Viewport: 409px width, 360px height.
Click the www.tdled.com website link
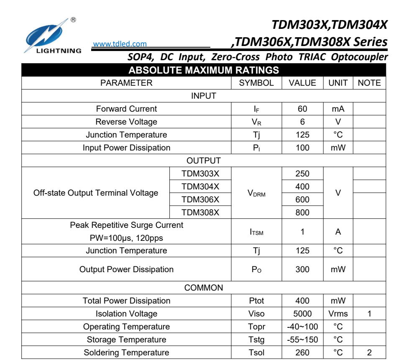tap(120, 44)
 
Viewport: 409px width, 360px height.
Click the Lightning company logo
tap(52, 36)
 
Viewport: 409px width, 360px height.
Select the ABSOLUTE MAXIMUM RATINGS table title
tap(203, 70)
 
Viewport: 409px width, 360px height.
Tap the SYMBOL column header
tap(256, 83)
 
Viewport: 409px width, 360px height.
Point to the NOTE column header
tap(369, 83)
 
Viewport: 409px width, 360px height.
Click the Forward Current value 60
tap(302, 109)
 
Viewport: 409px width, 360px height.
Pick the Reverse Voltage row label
tap(126, 122)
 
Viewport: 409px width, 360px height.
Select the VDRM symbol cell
tap(256, 193)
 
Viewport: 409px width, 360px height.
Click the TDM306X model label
tap(200, 199)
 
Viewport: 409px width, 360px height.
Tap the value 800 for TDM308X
tap(302, 212)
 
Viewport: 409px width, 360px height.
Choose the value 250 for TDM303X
tap(302, 174)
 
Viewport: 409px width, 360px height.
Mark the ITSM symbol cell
tap(256, 232)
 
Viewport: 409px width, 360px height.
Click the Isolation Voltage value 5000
tap(302, 314)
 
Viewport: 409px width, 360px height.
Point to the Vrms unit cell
tap(338, 314)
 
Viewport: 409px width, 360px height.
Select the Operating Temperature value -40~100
tap(302, 327)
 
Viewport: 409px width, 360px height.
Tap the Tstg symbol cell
tap(256, 340)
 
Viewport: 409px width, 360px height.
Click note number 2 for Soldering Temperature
tap(369, 352)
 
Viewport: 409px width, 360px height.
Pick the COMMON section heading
tap(204, 288)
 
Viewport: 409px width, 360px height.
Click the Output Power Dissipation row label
tap(126, 269)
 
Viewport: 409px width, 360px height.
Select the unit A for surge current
tap(338, 232)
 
